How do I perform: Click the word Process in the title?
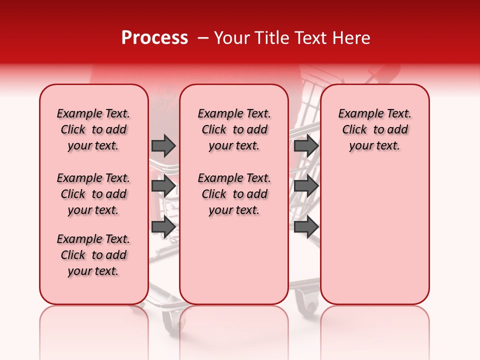(x=154, y=38)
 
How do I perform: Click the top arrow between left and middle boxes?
(x=163, y=145)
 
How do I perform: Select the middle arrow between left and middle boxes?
(x=163, y=186)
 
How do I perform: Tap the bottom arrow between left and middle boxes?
(x=163, y=227)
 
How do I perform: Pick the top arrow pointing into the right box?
(x=306, y=145)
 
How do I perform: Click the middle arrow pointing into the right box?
(x=306, y=186)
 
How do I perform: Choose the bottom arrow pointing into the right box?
(x=306, y=227)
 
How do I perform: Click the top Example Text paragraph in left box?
(x=93, y=129)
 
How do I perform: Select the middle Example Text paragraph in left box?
(x=93, y=194)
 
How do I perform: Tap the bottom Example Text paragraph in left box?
(x=93, y=255)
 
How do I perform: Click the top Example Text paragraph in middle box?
(x=234, y=129)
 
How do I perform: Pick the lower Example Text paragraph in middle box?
(x=234, y=194)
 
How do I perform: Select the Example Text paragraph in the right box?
(x=374, y=129)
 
